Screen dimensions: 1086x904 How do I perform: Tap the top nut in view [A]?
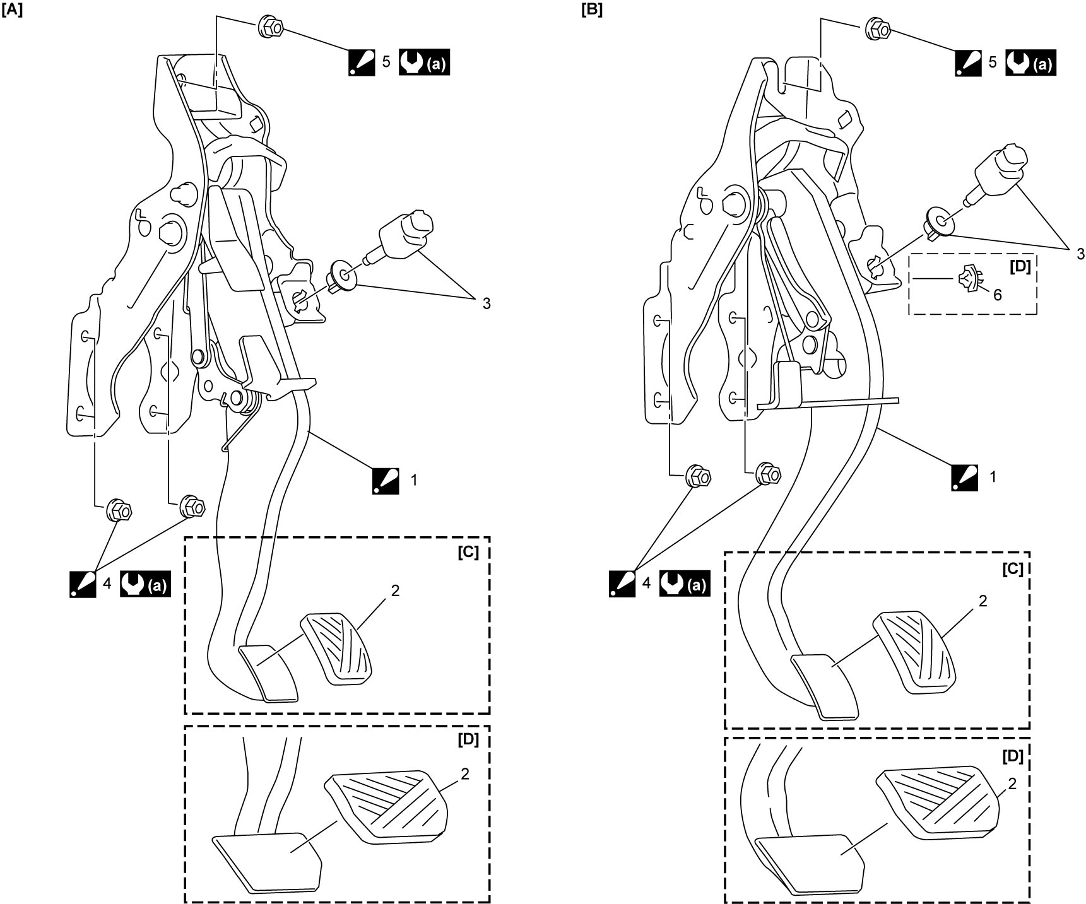tap(270, 28)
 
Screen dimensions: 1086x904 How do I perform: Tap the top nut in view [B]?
tap(878, 28)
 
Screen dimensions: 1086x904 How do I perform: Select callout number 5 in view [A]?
tap(386, 61)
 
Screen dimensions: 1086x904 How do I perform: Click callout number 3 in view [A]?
tap(486, 303)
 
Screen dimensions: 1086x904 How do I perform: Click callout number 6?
tap(998, 294)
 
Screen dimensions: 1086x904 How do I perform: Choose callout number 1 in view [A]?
tap(414, 480)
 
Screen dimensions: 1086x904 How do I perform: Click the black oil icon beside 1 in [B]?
tap(965, 477)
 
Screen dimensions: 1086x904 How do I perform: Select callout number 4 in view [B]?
tap(646, 584)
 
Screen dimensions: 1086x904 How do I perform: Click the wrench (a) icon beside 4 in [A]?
tap(145, 585)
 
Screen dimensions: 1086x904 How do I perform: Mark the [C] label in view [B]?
tap(1012, 568)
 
